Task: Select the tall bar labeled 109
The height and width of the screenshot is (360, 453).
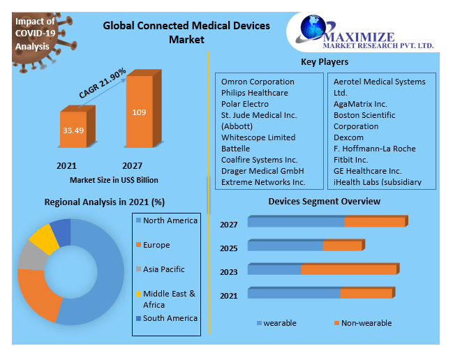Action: [x=139, y=112]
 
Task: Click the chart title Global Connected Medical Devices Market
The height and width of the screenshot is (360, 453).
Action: [x=186, y=33]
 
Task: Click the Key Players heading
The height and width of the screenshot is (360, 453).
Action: [x=325, y=62]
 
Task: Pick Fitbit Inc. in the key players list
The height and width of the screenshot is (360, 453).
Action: [x=350, y=160]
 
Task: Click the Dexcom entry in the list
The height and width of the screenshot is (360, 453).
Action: [x=349, y=137]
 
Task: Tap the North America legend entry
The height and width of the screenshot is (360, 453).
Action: [x=170, y=220]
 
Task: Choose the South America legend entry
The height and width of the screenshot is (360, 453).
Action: [x=170, y=318]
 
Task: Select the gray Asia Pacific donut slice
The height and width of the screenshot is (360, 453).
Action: [x=30, y=257]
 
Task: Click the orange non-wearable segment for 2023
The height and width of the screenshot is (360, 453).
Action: [x=349, y=269]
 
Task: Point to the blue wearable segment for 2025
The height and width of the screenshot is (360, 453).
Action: [x=285, y=246]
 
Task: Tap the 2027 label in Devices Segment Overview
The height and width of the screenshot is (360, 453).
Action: [x=229, y=225]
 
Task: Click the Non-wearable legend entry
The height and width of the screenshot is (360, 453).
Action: [x=366, y=323]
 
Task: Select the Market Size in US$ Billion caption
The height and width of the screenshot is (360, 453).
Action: [x=114, y=180]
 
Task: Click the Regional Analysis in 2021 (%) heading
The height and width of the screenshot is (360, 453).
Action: [x=105, y=202]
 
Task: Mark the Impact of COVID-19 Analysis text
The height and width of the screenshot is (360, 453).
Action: [x=35, y=34]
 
